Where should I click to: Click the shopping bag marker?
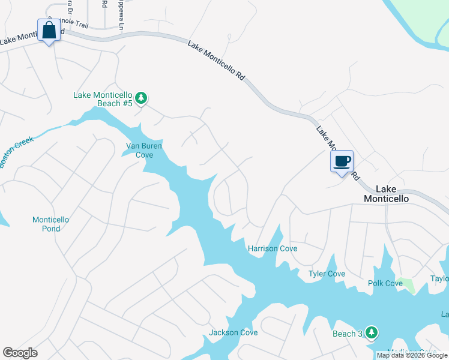(49, 30)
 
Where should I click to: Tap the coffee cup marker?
(342, 161)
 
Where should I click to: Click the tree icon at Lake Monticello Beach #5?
(141, 98)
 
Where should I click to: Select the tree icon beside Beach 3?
(372, 332)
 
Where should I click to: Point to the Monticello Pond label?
(50, 224)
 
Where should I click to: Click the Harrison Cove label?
(273, 248)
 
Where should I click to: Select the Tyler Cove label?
(327, 274)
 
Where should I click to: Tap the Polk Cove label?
(385, 283)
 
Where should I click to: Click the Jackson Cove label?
(233, 332)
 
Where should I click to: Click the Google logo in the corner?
(20, 353)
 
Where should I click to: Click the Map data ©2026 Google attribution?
(412, 355)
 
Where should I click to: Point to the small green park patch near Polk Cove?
(409, 286)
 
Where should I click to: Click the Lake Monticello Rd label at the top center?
(217, 61)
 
